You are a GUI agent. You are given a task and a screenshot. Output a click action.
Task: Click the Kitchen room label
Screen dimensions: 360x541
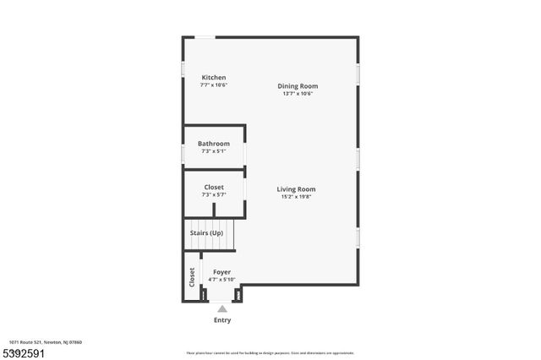click(213, 78)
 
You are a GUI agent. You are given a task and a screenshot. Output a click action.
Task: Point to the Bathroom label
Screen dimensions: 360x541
click(214, 144)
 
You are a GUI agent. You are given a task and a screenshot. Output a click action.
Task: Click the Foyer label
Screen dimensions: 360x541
click(221, 272)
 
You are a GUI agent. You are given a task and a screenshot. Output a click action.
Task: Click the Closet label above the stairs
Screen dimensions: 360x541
click(214, 187)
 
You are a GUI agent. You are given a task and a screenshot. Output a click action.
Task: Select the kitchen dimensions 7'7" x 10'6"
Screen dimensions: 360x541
click(214, 85)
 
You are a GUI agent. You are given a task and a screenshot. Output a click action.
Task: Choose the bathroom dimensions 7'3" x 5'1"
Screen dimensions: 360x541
click(214, 152)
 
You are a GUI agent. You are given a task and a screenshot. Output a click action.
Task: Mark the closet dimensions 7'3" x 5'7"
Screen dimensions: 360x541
click(214, 195)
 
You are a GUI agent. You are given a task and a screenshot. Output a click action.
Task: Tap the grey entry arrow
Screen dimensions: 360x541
click(222, 309)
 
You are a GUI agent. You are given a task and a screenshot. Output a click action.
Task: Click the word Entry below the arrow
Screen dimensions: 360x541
click(222, 320)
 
